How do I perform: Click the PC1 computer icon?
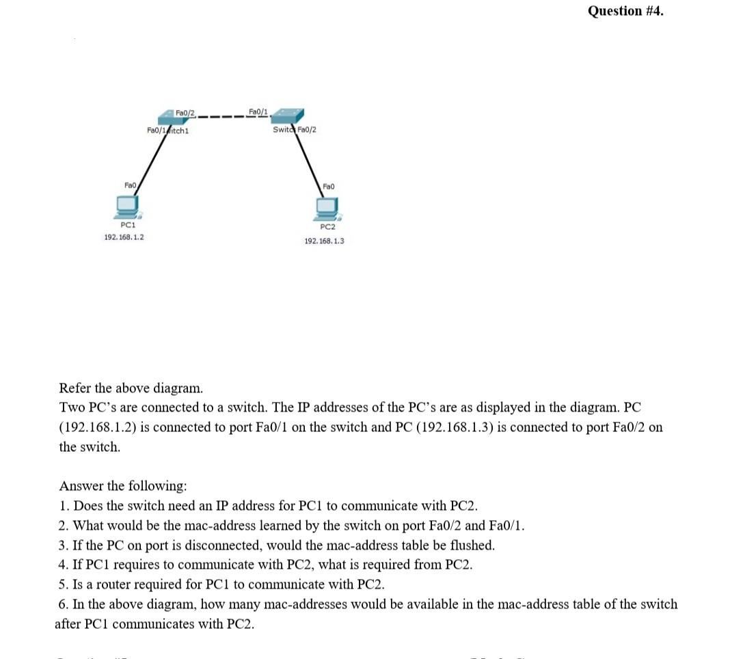click(x=127, y=205)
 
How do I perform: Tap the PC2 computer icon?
click(x=327, y=207)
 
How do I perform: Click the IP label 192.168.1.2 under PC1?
click(x=124, y=237)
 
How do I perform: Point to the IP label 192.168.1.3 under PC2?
click(x=324, y=241)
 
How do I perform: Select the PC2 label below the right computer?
click(x=327, y=227)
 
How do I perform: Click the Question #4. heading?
click(x=625, y=11)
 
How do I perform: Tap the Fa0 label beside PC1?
click(x=131, y=185)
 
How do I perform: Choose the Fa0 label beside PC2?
click(x=328, y=186)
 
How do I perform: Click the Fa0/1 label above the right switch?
click(x=258, y=111)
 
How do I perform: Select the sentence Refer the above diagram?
click(x=131, y=388)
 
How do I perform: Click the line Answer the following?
click(x=123, y=486)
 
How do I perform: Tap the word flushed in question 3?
click(x=470, y=546)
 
